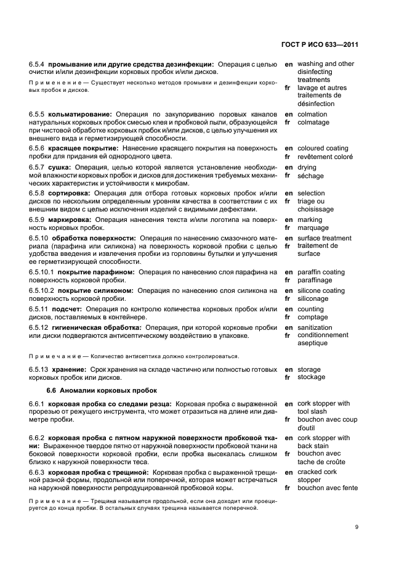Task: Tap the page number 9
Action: click(357, 527)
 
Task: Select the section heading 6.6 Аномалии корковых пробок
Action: click(102, 390)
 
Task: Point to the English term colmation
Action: click(312, 115)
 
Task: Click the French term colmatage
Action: click(313, 123)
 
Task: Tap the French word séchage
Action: click(310, 176)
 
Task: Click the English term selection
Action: click(311, 194)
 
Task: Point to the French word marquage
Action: click(313, 228)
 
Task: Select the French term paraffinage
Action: click(315, 280)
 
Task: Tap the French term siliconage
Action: click(313, 299)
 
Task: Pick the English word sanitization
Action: click(315, 328)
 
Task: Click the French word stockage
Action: click(312, 377)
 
